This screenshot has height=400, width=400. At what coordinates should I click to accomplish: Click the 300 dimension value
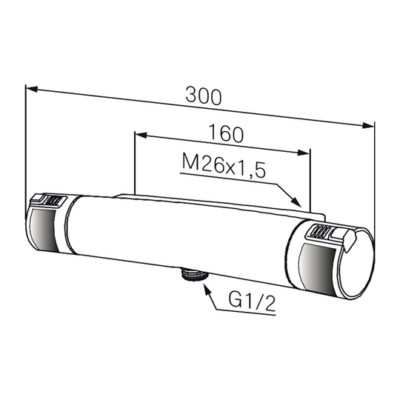click(204, 96)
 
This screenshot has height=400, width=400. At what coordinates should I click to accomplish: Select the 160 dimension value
click(226, 133)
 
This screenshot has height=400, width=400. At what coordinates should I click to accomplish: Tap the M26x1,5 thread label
click(224, 166)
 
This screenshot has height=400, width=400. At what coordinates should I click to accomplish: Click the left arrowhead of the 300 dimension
click(32, 89)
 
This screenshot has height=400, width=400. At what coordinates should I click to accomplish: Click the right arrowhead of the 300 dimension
click(368, 125)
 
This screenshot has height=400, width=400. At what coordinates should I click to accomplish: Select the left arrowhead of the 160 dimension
click(141, 135)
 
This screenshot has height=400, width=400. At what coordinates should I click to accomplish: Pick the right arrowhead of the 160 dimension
click(304, 153)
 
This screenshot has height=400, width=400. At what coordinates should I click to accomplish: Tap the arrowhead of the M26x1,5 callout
click(296, 201)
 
